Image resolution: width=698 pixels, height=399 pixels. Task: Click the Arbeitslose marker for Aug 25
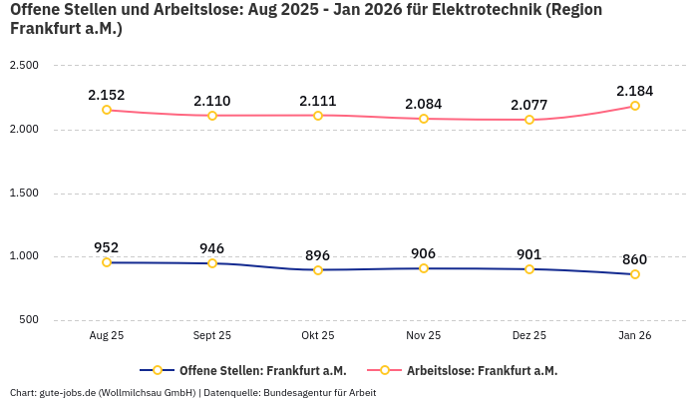pyautogui.click(x=107, y=110)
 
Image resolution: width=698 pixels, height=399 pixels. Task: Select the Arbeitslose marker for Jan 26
pyautogui.click(x=635, y=106)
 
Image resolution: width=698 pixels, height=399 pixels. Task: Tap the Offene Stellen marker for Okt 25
pyautogui.click(x=318, y=270)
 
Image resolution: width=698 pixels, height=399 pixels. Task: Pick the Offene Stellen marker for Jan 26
pyautogui.click(x=635, y=274)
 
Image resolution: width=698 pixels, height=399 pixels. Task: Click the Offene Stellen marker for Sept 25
pyautogui.click(x=212, y=263)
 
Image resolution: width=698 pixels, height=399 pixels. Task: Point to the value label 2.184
pyautogui.click(x=635, y=91)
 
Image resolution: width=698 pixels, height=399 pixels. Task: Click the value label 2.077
pyautogui.click(x=529, y=105)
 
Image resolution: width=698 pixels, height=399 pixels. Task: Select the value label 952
pyautogui.click(x=107, y=247)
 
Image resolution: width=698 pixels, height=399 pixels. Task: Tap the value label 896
pyautogui.click(x=318, y=255)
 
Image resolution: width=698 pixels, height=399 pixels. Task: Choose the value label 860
pyautogui.click(x=635, y=259)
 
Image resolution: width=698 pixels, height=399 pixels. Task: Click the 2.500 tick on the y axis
pyautogui.click(x=23, y=66)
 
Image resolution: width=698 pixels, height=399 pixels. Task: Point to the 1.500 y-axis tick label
pyautogui.click(x=23, y=193)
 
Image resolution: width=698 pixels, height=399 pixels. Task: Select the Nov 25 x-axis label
pyautogui.click(x=424, y=336)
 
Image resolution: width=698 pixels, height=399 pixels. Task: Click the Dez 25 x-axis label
pyautogui.click(x=529, y=336)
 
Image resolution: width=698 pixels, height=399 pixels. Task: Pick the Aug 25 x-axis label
pyautogui.click(x=107, y=336)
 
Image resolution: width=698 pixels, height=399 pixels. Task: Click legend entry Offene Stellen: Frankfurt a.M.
pyautogui.click(x=262, y=370)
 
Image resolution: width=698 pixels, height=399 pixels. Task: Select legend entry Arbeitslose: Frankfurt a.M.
pyautogui.click(x=482, y=370)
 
